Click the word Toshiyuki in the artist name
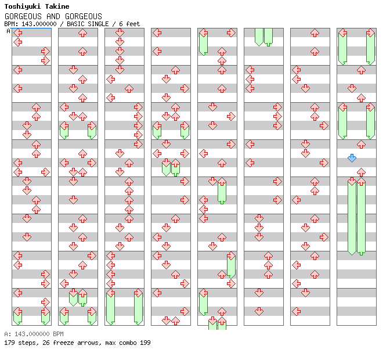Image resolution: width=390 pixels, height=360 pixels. [x=21, y=7]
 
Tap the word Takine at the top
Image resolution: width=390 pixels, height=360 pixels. [x=56, y=7]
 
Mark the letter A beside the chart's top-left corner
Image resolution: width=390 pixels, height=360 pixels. [x=8, y=31]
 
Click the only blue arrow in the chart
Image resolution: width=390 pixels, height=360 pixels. [x=352, y=158]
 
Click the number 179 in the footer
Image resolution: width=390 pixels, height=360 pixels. [x=9, y=343]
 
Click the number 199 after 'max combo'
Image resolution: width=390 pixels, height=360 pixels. [x=145, y=343]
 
